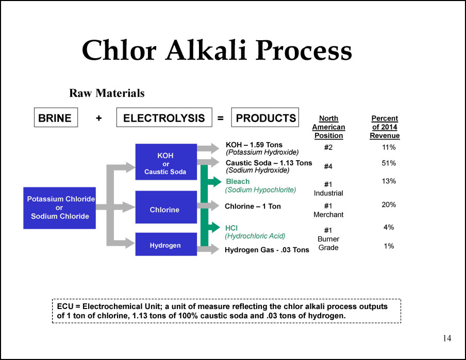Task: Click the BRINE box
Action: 56,117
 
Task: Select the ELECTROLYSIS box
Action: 164,117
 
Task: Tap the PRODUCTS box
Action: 265,117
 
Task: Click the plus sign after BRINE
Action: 98,118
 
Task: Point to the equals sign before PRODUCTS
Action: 221,118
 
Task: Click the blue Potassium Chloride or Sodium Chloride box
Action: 59,208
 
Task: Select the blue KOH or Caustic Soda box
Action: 166,162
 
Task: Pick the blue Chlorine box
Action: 166,207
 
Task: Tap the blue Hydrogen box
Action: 166,244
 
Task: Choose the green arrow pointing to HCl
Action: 214,228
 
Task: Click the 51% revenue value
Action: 389,163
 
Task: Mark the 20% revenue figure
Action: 389,204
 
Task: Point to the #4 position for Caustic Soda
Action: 328,166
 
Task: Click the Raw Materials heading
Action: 107,93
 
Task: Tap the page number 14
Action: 447,338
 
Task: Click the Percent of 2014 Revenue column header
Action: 385,127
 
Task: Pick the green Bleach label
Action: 238,181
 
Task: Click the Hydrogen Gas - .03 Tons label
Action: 267,250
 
